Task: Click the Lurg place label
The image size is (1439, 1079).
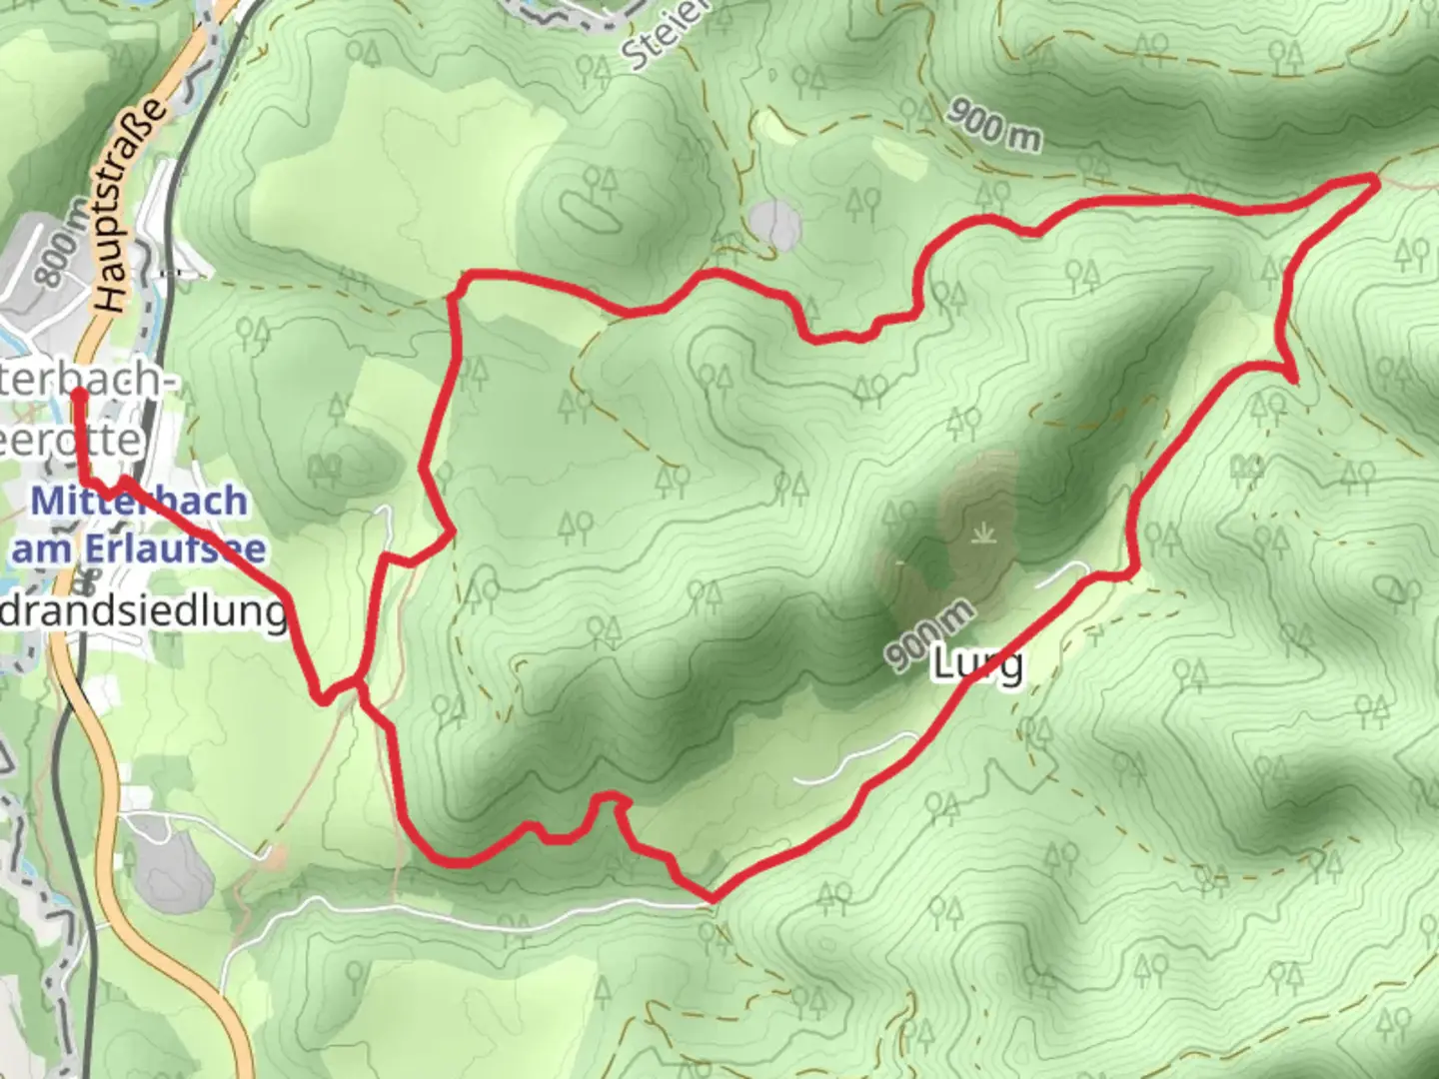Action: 977,663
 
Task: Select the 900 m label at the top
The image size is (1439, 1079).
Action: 993,124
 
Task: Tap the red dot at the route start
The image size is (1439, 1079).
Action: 78,394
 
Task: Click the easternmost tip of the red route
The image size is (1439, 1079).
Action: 1377,179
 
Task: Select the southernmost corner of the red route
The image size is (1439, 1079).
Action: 711,896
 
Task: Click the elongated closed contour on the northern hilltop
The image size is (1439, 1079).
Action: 589,211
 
